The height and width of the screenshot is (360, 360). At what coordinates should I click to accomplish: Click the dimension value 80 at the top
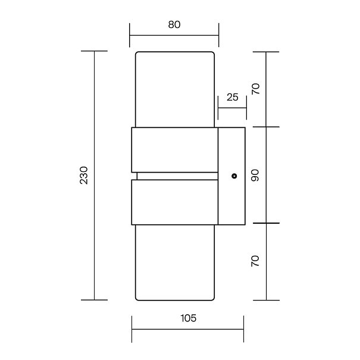coord(174,24)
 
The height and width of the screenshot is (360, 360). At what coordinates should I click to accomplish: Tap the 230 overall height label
coord(84,175)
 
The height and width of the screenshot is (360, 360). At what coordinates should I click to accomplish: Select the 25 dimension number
coord(232,98)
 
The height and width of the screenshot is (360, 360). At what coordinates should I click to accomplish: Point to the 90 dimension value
coord(255,176)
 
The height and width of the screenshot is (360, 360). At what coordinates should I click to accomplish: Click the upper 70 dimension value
coord(255,89)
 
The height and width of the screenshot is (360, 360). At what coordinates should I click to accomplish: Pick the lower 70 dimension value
coord(255,261)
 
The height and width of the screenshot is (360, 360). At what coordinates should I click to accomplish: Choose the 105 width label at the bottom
coord(189,318)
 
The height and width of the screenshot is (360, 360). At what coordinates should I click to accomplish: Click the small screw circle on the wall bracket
coord(234,176)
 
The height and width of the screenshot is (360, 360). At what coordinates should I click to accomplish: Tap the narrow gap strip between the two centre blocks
coord(177,176)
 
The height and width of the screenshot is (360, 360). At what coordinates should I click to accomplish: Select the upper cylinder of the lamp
coord(175,89)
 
